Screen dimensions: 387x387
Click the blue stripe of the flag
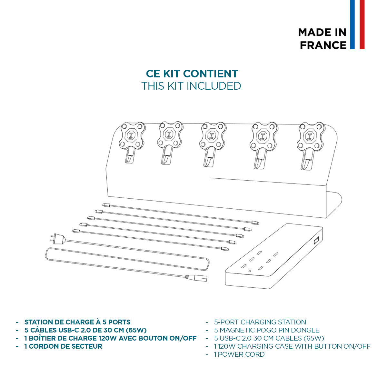point(352,25)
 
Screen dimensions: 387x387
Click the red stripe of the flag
point(362,25)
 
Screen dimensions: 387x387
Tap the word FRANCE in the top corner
point(323,45)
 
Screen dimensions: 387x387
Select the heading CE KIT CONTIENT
point(192,74)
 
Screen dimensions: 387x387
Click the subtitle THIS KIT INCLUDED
point(191,86)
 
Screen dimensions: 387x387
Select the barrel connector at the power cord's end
point(196,278)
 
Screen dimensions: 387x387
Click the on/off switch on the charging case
point(316,240)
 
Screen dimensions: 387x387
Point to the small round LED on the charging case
point(249,271)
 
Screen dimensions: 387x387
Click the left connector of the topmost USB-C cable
point(106,205)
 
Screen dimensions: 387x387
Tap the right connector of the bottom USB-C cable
point(224,249)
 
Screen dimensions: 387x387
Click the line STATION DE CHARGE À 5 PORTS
point(77,322)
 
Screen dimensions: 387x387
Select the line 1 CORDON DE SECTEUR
point(63,346)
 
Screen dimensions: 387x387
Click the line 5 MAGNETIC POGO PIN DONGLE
point(267,330)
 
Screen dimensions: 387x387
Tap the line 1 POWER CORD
point(239,354)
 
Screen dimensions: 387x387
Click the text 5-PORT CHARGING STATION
point(260,322)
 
